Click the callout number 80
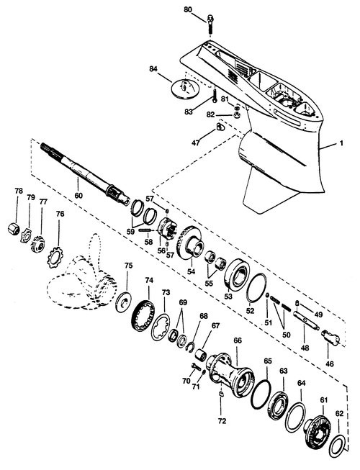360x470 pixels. point(188,9)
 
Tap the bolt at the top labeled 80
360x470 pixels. point(210,26)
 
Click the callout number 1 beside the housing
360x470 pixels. point(341,143)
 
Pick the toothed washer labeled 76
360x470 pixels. point(55,256)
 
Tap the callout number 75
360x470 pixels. point(128,266)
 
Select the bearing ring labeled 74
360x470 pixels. point(143,315)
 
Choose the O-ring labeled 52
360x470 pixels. point(256,288)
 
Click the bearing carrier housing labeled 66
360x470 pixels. point(231,371)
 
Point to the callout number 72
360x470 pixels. point(222,421)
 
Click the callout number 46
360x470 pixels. point(330,364)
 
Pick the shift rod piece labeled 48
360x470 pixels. point(306,320)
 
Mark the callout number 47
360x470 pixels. point(196,143)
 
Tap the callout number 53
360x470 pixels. point(228,297)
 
